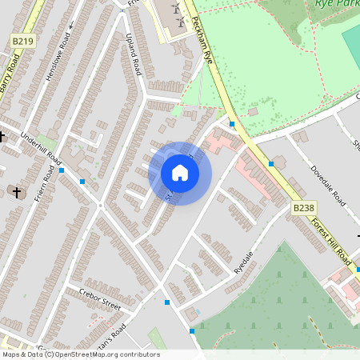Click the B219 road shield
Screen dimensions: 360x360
pyautogui.click(x=23, y=40)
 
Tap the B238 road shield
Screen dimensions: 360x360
pyautogui.click(x=303, y=208)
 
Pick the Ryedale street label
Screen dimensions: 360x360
pyautogui.click(x=243, y=262)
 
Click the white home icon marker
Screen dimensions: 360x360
pyautogui.click(x=180, y=173)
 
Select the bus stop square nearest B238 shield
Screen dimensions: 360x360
pyautogui.click(x=271, y=163)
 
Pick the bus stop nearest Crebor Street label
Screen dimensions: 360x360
pyautogui.click(x=166, y=302)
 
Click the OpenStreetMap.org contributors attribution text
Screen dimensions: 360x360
pyautogui.click(x=103, y=354)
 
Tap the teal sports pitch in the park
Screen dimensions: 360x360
pyautogui.click(x=351, y=40)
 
